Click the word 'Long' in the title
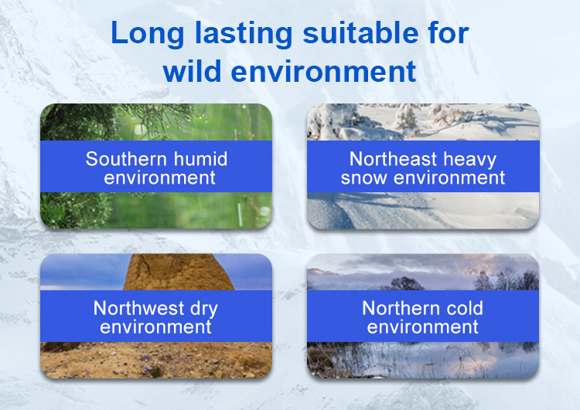coord(147,34)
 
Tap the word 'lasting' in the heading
coord(244,34)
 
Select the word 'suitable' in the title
coord(360,32)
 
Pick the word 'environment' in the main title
coord(324,72)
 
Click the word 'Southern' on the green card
coord(126,159)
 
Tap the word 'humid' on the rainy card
coord(200,159)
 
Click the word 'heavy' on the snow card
coord(469,161)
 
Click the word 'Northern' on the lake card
coord(401,307)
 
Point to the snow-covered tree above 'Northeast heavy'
coord(406,120)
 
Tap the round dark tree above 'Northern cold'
coord(408,284)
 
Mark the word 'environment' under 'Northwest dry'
coord(155,327)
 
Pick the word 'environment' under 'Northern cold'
coord(423,327)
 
